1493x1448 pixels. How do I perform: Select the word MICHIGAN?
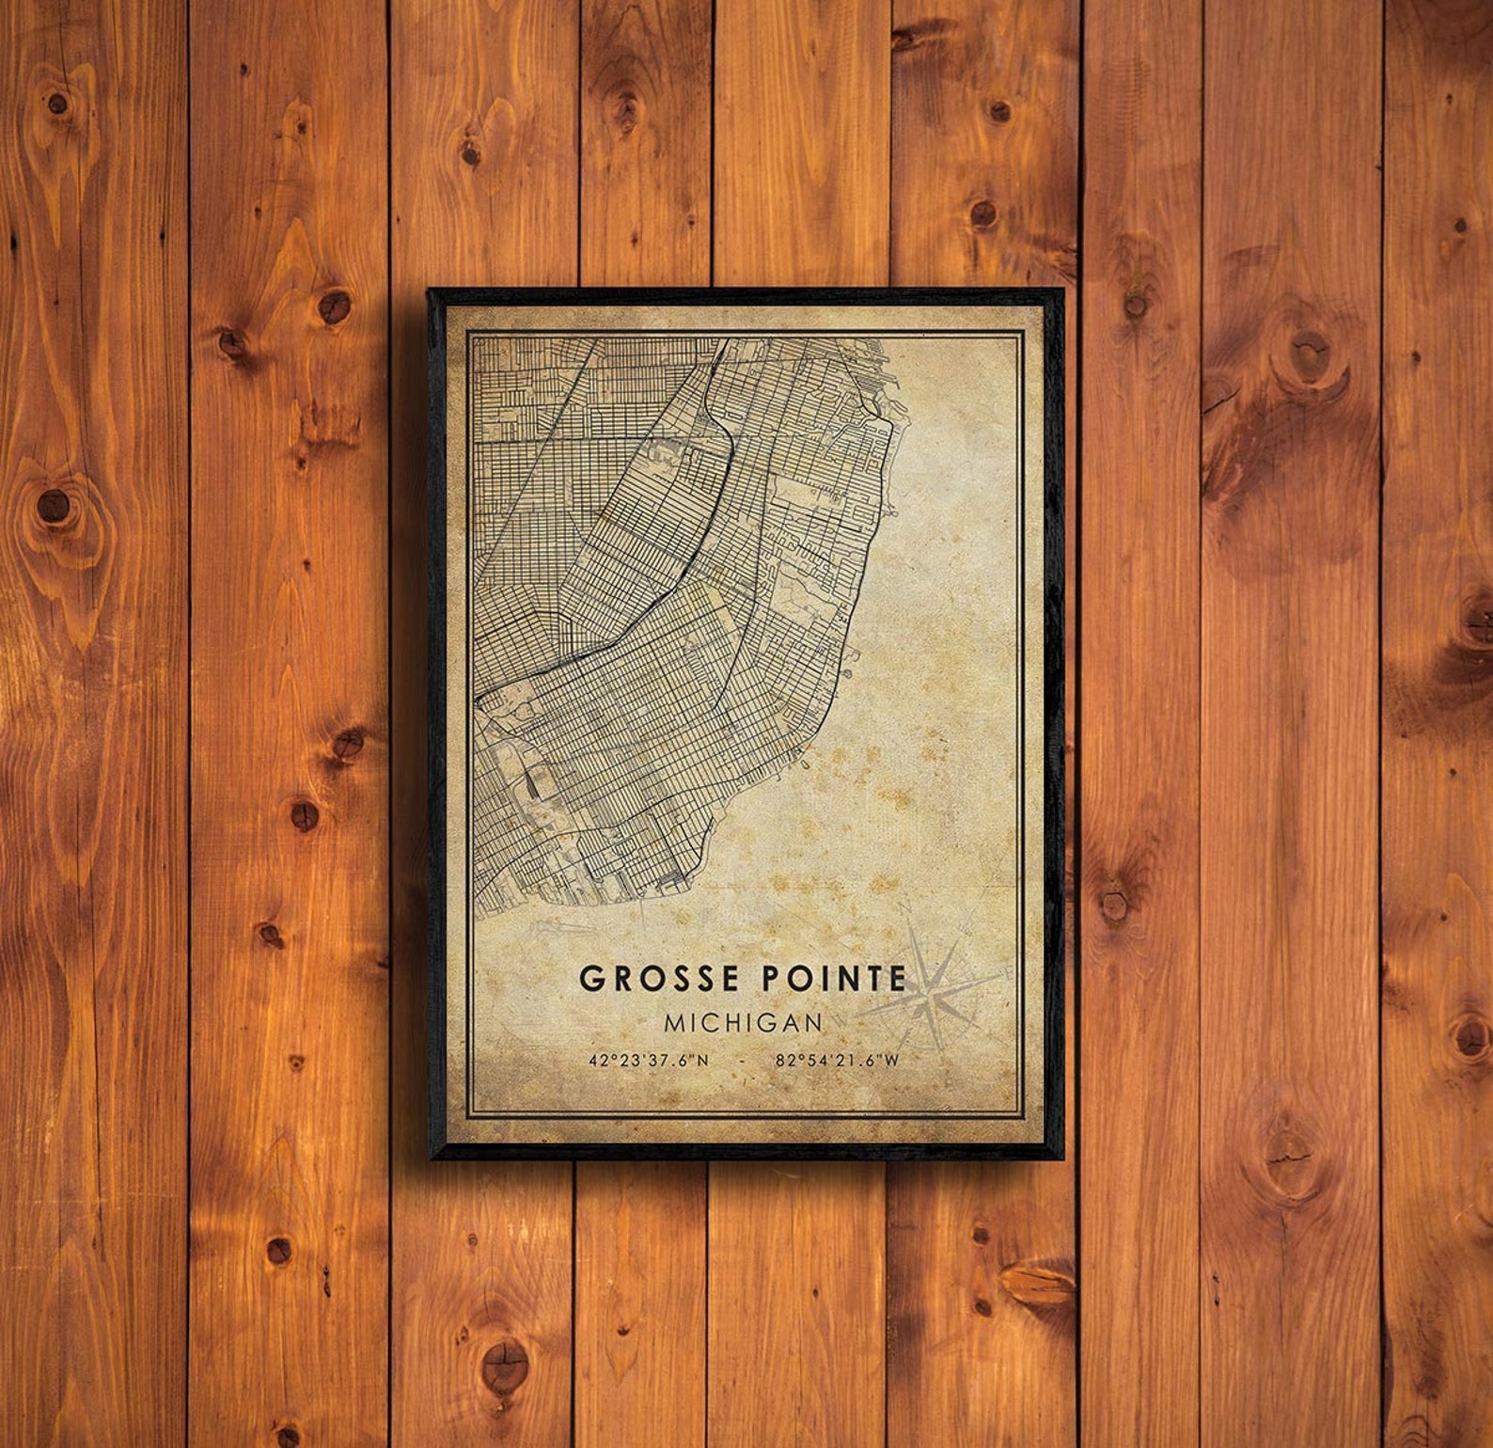(x=743, y=1022)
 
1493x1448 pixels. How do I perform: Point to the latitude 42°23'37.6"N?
(x=650, y=1061)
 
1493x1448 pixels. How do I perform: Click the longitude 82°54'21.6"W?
(x=838, y=1061)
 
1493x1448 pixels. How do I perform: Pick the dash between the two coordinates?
(x=743, y=1061)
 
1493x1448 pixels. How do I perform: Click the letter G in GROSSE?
(x=591, y=979)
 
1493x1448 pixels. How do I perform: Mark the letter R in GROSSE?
(x=621, y=979)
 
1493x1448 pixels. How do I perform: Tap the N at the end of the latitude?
(x=703, y=1061)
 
